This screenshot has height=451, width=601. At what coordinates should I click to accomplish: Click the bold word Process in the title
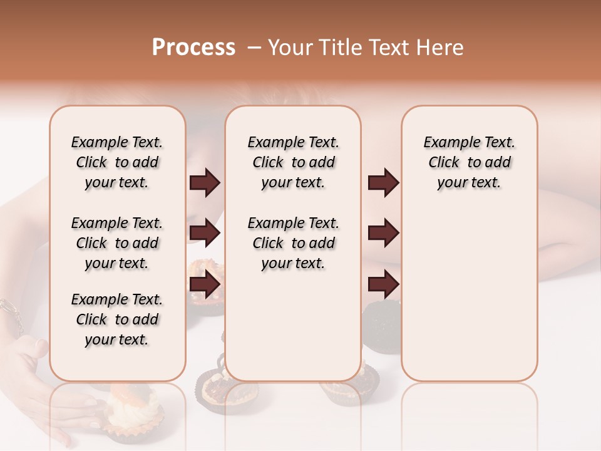click(193, 48)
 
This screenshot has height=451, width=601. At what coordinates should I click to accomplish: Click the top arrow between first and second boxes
click(205, 183)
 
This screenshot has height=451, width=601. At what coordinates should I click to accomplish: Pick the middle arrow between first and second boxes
click(205, 234)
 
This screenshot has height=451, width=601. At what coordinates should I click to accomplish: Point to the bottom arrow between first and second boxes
click(205, 284)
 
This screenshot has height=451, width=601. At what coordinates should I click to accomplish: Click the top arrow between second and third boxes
click(383, 183)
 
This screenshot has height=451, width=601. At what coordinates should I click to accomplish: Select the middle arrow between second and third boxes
click(383, 234)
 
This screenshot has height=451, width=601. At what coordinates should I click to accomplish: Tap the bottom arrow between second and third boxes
click(383, 284)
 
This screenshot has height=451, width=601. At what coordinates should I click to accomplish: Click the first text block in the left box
click(117, 162)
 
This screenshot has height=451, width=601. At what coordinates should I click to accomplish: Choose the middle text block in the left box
click(117, 243)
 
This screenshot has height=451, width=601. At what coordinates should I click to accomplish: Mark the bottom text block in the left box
click(117, 319)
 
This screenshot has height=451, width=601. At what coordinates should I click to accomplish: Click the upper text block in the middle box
click(293, 162)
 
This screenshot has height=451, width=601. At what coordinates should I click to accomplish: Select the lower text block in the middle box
click(293, 243)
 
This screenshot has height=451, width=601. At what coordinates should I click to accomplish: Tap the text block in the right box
click(469, 162)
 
